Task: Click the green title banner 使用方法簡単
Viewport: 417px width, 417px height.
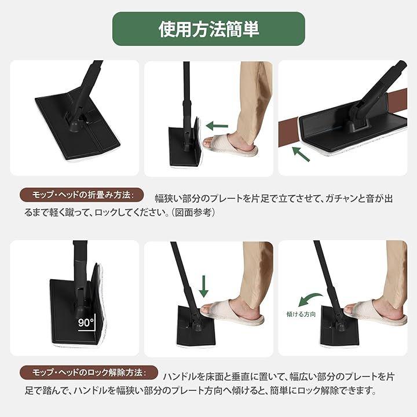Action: pos(209,29)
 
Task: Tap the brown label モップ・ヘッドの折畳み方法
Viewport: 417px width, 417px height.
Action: pos(82,195)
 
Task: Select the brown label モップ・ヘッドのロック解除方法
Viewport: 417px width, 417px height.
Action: pos(89,372)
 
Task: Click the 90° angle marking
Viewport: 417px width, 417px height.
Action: pos(86,324)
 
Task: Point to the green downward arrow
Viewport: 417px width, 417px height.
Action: pos(204,286)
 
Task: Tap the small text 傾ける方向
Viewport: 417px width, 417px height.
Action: pos(301,314)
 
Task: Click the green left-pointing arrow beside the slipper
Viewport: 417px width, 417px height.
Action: pos(217,126)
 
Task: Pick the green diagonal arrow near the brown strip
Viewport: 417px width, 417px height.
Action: pos(301,154)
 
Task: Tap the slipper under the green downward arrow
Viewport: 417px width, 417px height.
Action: pos(232,312)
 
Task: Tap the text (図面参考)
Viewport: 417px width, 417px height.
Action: pos(193,212)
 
